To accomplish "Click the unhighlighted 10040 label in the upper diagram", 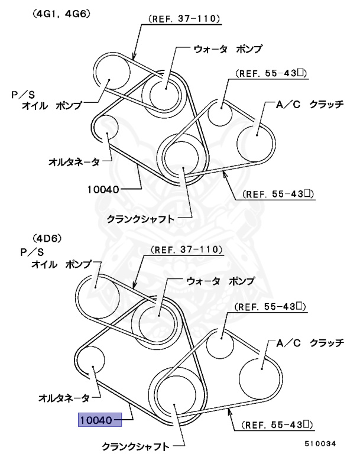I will pyautogui.click(x=104, y=190).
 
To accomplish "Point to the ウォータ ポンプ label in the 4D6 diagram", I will pyautogui.click(x=220, y=280).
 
